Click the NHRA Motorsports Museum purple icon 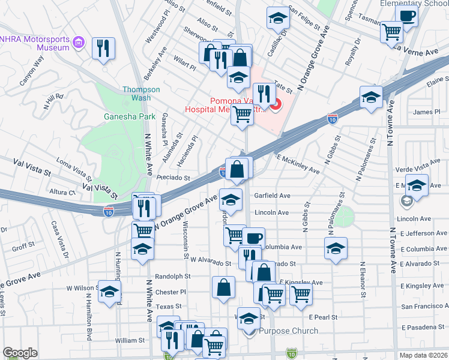coord(79,43)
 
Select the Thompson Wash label coord(141,93)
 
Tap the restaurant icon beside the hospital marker coord(263,94)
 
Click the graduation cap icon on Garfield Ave coord(231,198)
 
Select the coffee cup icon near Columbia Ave coord(253,238)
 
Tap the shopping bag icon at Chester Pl coord(223,286)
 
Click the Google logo coord(20,353)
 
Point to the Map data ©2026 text coord(423,355)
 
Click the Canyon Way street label coord(32,71)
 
